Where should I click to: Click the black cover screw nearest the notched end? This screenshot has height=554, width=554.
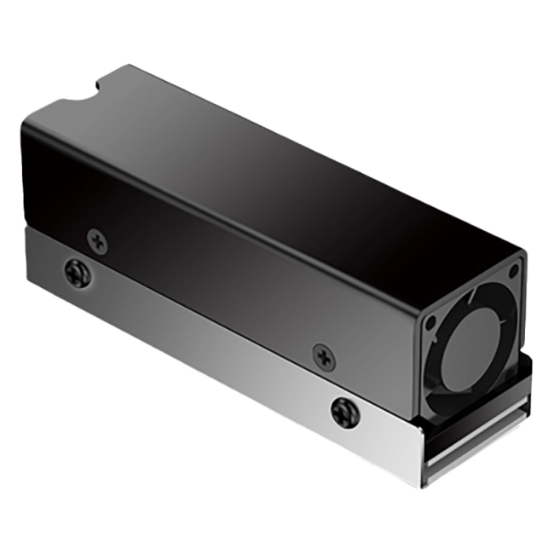pyautogui.click(x=98, y=241)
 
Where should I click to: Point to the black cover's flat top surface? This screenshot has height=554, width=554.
pyautogui.click(x=290, y=162)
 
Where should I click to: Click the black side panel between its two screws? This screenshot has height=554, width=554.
pyautogui.click(x=213, y=290)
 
